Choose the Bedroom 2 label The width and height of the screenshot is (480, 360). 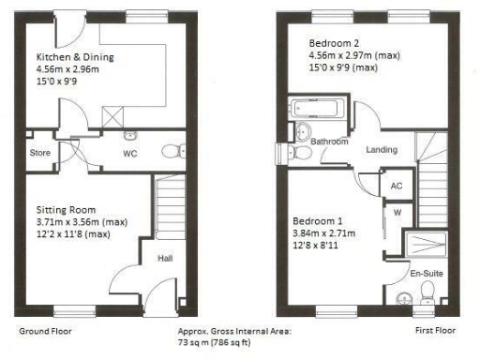pos(336,44)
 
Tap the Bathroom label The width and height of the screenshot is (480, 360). pos(330,142)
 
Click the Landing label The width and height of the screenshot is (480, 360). pos(381,150)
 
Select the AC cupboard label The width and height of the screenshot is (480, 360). pos(396,186)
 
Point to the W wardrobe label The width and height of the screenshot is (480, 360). pos(396,212)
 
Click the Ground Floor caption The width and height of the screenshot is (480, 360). pos(46,332)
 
